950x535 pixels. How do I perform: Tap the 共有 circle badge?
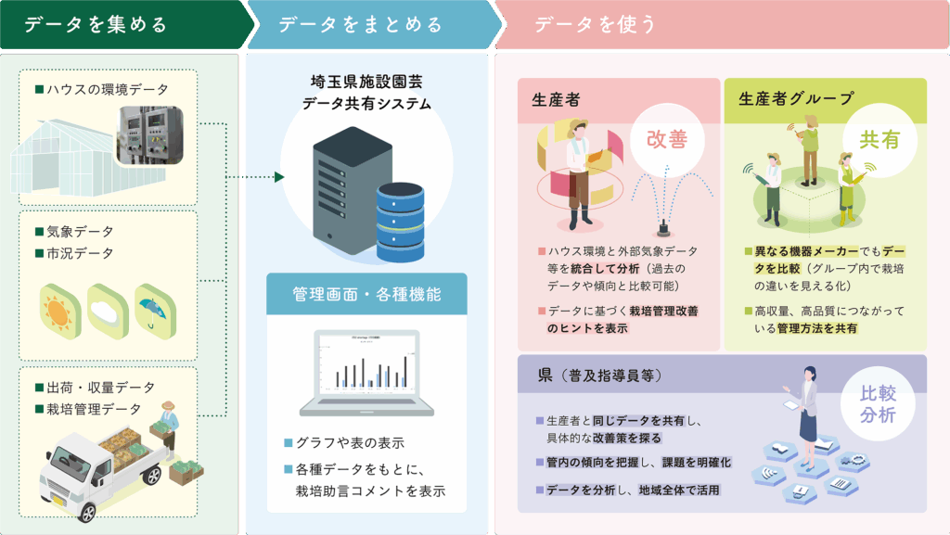coord(879,140)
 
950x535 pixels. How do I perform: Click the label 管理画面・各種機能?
coord(366,295)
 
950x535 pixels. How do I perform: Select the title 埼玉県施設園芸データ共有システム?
coord(366,92)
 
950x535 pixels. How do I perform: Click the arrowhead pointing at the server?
coord(278,177)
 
